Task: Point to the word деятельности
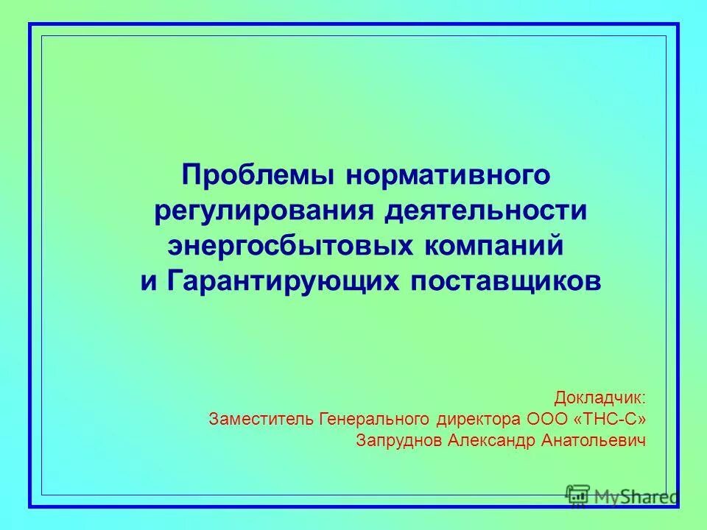point(484,211)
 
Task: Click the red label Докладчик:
point(600,399)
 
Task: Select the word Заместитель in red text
point(261,420)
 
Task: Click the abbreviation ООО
point(549,420)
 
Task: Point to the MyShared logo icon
point(577,496)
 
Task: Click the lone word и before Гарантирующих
point(148,280)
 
